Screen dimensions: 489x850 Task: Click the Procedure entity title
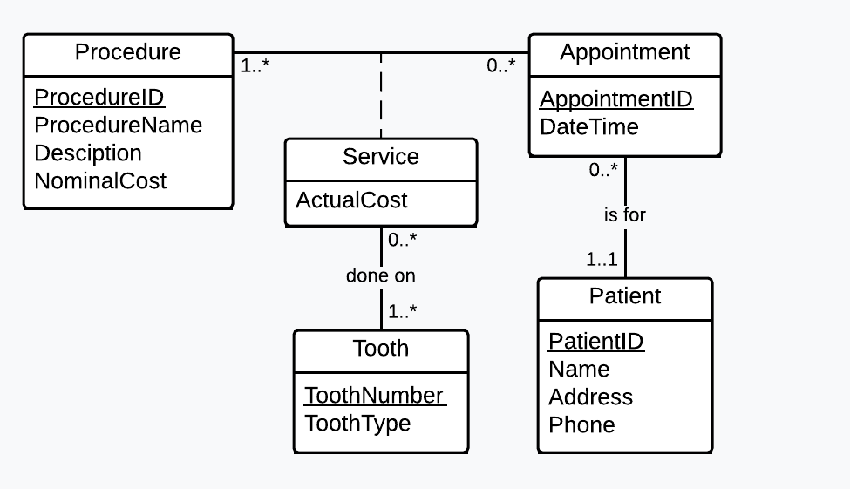click(x=128, y=52)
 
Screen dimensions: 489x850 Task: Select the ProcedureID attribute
click(x=99, y=97)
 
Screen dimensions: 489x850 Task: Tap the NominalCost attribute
click(x=100, y=180)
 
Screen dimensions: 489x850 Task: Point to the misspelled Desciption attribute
click(x=87, y=153)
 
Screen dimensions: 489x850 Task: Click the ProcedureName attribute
click(x=118, y=125)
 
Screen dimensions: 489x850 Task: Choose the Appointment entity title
click(x=624, y=52)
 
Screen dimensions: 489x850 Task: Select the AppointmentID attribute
click(x=615, y=98)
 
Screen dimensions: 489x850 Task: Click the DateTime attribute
click(x=588, y=126)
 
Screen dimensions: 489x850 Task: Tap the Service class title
click(x=381, y=157)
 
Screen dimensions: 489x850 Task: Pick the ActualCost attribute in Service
click(x=351, y=200)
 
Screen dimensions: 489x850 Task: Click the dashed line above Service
click(x=381, y=96)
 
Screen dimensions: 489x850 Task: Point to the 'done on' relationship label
click(x=381, y=275)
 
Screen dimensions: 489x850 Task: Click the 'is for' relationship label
click(x=624, y=214)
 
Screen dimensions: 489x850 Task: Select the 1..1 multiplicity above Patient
click(x=601, y=259)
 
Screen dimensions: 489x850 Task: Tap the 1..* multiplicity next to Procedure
click(x=255, y=65)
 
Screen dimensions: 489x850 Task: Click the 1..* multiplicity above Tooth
click(x=402, y=311)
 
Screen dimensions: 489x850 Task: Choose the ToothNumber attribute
click(x=374, y=395)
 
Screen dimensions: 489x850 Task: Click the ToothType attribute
click(x=357, y=423)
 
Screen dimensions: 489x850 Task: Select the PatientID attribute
click(x=595, y=341)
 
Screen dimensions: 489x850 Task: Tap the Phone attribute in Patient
click(x=581, y=424)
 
